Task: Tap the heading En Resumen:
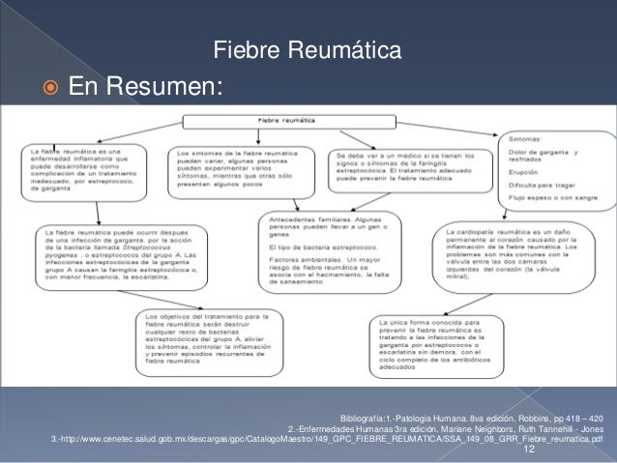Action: click(144, 88)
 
